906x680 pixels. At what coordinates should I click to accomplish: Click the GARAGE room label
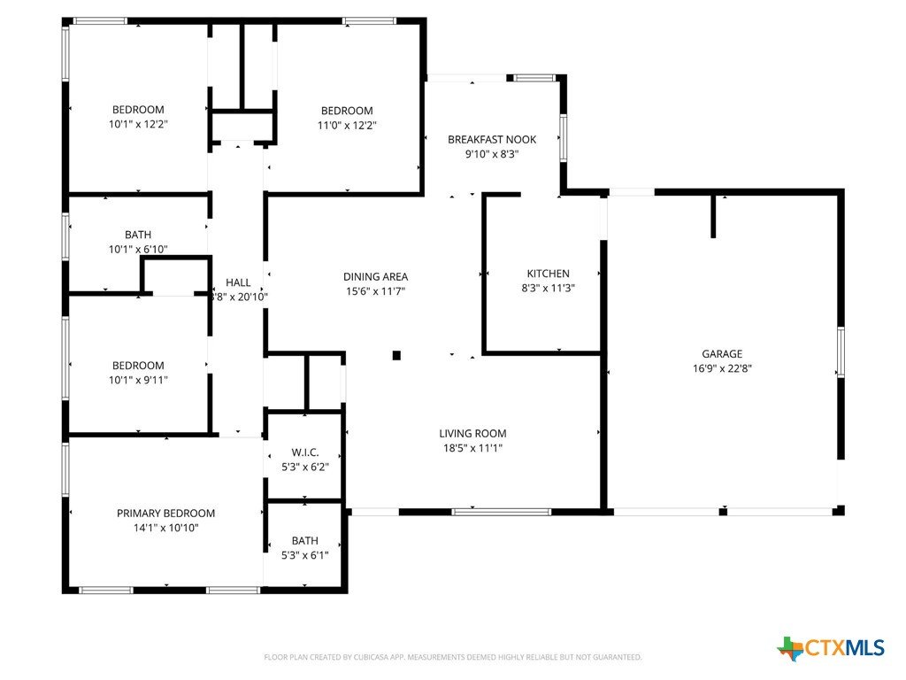coord(722,354)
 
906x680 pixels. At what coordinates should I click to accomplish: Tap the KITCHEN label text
coord(548,274)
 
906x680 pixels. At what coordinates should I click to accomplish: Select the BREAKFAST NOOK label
coord(492,139)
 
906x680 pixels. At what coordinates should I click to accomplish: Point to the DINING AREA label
coord(375,277)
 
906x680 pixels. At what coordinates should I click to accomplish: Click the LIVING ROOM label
coord(472,434)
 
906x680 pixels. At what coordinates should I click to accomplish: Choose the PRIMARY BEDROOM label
coord(165,514)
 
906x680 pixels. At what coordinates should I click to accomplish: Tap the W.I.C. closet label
coord(305,452)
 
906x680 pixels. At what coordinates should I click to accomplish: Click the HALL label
coord(238,282)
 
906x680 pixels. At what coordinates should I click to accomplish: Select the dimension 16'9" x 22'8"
coord(722,368)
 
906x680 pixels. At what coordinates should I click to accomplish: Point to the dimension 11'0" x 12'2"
coord(347,125)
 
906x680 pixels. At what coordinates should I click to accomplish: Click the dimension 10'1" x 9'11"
coord(138,380)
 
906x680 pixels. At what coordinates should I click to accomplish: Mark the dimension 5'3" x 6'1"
coord(305,555)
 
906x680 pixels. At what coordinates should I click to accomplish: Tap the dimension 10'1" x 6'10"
coord(138,249)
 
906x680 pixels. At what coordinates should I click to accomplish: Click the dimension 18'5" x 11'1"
coord(472,448)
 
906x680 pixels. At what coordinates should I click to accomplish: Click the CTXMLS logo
coord(831,648)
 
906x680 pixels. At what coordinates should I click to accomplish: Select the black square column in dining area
coord(396,355)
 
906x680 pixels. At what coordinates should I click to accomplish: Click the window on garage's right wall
coord(841,352)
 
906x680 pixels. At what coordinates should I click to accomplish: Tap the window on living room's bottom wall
coord(501,512)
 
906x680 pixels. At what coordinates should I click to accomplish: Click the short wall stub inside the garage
coord(713,216)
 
